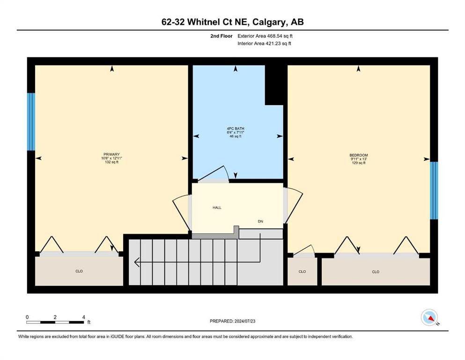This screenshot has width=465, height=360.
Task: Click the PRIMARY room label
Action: click(x=111, y=154)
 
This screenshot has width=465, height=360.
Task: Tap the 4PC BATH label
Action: click(x=236, y=128)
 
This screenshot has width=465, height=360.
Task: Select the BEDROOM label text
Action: click(x=359, y=155)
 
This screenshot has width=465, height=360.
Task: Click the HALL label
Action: click(x=217, y=208)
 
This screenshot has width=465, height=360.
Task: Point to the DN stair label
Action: click(x=260, y=221)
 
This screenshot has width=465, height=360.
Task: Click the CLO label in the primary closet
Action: click(x=79, y=271)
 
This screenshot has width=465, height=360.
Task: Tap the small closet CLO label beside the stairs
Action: click(x=302, y=271)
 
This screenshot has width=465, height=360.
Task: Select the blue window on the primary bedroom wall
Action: click(x=31, y=122)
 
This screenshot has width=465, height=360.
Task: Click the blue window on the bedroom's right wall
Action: click(x=434, y=190)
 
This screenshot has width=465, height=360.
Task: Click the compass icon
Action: click(x=429, y=317)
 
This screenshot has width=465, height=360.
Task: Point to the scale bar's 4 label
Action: click(x=84, y=317)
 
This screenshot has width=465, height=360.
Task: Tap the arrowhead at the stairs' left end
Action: click(x=136, y=262)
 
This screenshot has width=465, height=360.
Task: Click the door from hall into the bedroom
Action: click(x=294, y=205)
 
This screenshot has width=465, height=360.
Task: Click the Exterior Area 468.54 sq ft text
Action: click(x=265, y=36)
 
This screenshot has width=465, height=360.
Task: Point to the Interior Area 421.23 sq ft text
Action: click(x=264, y=44)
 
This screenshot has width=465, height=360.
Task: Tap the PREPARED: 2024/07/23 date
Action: click(x=232, y=321)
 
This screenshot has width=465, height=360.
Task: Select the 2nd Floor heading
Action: click(x=221, y=36)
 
